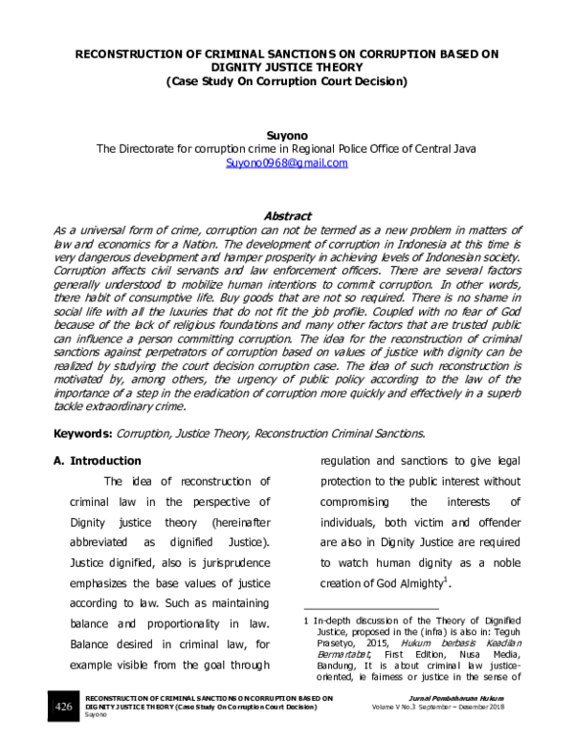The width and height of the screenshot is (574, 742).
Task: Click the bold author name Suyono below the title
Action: click(286, 136)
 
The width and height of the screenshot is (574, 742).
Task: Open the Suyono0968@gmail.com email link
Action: click(286, 164)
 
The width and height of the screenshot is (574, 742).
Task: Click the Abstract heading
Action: click(286, 216)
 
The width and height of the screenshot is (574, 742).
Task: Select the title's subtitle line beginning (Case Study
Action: click(286, 82)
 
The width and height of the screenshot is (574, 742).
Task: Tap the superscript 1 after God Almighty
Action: click(446, 579)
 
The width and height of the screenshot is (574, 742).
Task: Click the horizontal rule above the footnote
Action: click(370, 608)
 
